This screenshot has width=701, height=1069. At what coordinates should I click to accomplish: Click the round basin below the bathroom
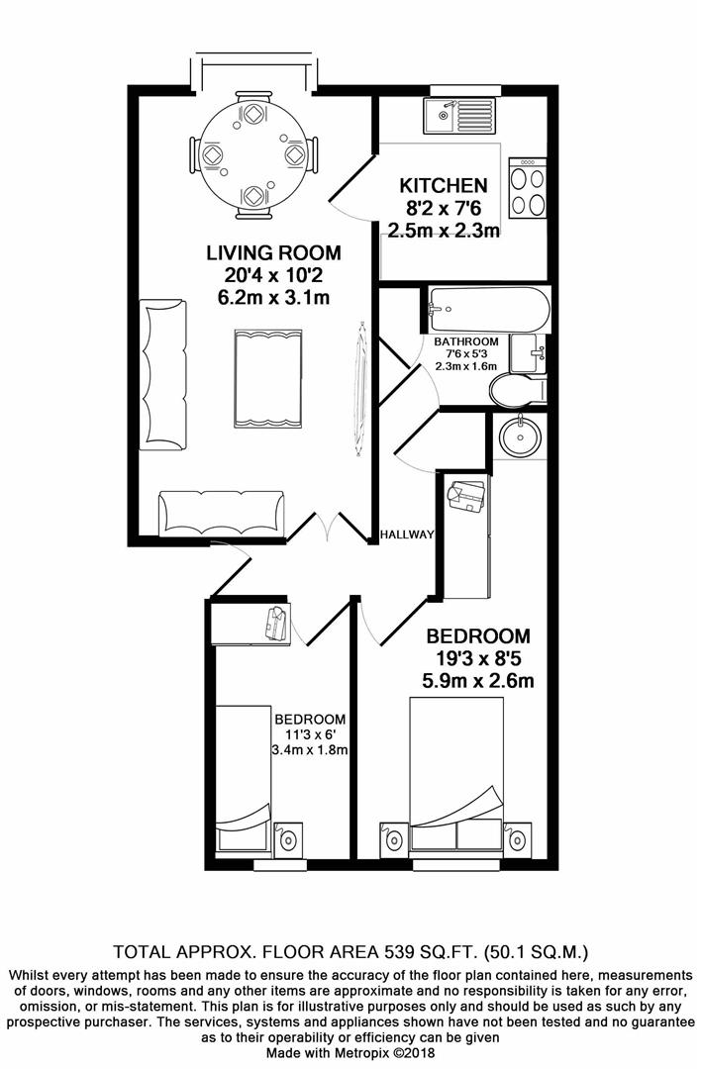(x=519, y=436)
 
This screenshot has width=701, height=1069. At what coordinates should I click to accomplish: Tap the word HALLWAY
(x=407, y=534)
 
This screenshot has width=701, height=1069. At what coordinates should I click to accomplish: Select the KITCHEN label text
(x=443, y=186)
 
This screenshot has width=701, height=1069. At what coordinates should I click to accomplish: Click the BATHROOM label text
(x=466, y=342)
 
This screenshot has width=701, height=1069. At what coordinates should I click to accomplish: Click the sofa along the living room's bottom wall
(x=223, y=514)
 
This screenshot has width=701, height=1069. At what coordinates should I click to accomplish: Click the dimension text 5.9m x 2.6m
(x=479, y=681)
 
